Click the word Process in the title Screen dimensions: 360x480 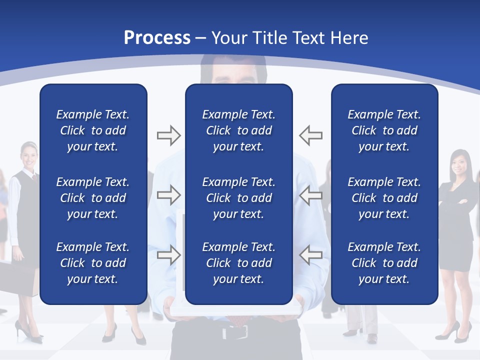pyautogui.click(x=157, y=37)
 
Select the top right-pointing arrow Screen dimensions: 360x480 pyautogui.click(x=168, y=135)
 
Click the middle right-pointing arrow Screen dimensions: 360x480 pyautogui.click(x=168, y=195)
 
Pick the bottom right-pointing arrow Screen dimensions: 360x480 pyautogui.click(x=168, y=255)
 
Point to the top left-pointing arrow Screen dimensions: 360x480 pyautogui.click(x=310, y=135)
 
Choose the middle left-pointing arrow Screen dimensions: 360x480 pyautogui.click(x=310, y=195)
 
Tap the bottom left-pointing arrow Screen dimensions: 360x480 pyautogui.click(x=310, y=255)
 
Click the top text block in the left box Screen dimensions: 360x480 pyautogui.click(x=93, y=130)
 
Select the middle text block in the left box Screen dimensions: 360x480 pyautogui.click(x=93, y=198)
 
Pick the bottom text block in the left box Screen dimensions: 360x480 pyautogui.click(x=93, y=263)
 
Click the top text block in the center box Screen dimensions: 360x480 pyautogui.click(x=238, y=130)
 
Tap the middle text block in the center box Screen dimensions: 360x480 pyautogui.click(x=238, y=198)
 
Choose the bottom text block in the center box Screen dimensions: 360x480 pyautogui.click(x=238, y=263)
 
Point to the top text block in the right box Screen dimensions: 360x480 pyautogui.click(x=384, y=130)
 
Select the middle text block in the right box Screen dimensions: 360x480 pyautogui.click(x=384, y=198)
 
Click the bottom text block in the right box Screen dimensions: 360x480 pyautogui.click(x=384, y=263)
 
